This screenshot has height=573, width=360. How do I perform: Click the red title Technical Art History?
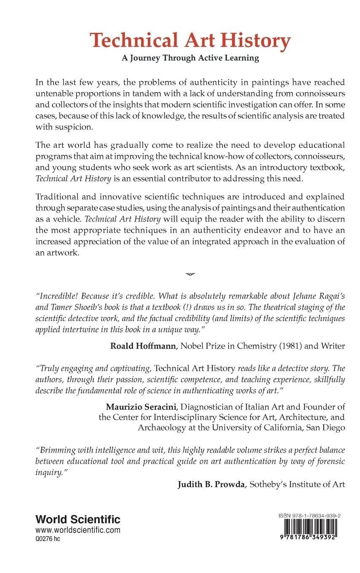click(x=190, y=41)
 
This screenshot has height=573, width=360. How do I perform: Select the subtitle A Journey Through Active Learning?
click(x=190, y=58)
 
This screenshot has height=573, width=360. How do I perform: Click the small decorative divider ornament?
click(x=190, y=274)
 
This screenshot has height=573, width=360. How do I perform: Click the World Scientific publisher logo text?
click(x=78, y=519)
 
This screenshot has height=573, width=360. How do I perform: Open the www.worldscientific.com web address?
click(x=78, y=530)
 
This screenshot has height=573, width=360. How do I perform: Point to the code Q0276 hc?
click(x=48, y=539)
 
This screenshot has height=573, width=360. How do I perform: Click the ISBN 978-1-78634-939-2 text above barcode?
click(x=309, y=516)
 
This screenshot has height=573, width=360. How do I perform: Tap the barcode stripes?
click(x=309, y=529)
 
